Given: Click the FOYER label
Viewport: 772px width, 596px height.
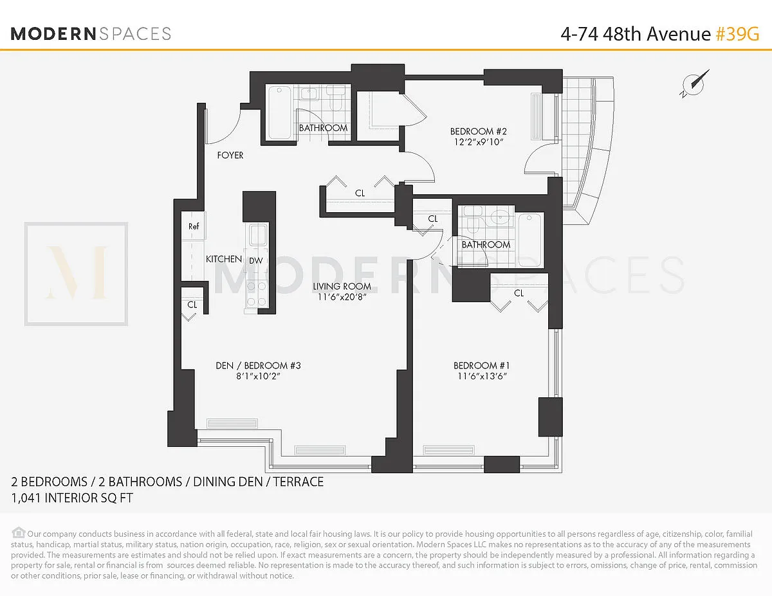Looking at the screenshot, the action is (x=230, y=155).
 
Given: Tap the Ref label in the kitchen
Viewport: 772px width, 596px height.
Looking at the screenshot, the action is (x=194, y=226).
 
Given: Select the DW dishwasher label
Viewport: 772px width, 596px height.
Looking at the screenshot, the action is (x=256, y=260).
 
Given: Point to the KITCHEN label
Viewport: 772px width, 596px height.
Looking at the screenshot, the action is (x=224, y=259).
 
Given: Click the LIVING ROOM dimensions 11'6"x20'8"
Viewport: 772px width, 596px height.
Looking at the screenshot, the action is (x=342, y=297).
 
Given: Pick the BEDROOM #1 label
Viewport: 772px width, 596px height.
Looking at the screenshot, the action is (x=481, y=365).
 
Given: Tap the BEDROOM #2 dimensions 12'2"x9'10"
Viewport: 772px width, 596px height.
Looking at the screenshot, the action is (x=479, y=142).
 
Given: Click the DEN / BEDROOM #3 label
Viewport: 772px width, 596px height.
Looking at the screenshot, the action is (x=258, y=365).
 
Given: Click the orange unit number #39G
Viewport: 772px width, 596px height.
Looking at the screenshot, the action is (x=737, y=34).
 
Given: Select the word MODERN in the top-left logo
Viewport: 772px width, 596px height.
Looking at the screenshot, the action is (x=53, y=34).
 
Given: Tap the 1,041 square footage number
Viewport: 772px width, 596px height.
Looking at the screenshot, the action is (x=26, y=498).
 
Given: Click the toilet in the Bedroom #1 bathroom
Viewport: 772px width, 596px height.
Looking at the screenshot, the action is (x=472, y=220).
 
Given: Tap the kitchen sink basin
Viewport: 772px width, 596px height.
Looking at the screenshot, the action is (x=258, y=235).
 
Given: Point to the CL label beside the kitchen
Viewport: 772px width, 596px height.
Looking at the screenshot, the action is (x=192, y=305).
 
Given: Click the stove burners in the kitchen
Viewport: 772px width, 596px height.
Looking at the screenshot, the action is (x=257, y=294).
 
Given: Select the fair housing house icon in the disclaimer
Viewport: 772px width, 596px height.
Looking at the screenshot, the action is (x=19, y=532).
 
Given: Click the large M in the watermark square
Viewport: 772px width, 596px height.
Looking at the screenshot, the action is (x=77, y=273).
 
